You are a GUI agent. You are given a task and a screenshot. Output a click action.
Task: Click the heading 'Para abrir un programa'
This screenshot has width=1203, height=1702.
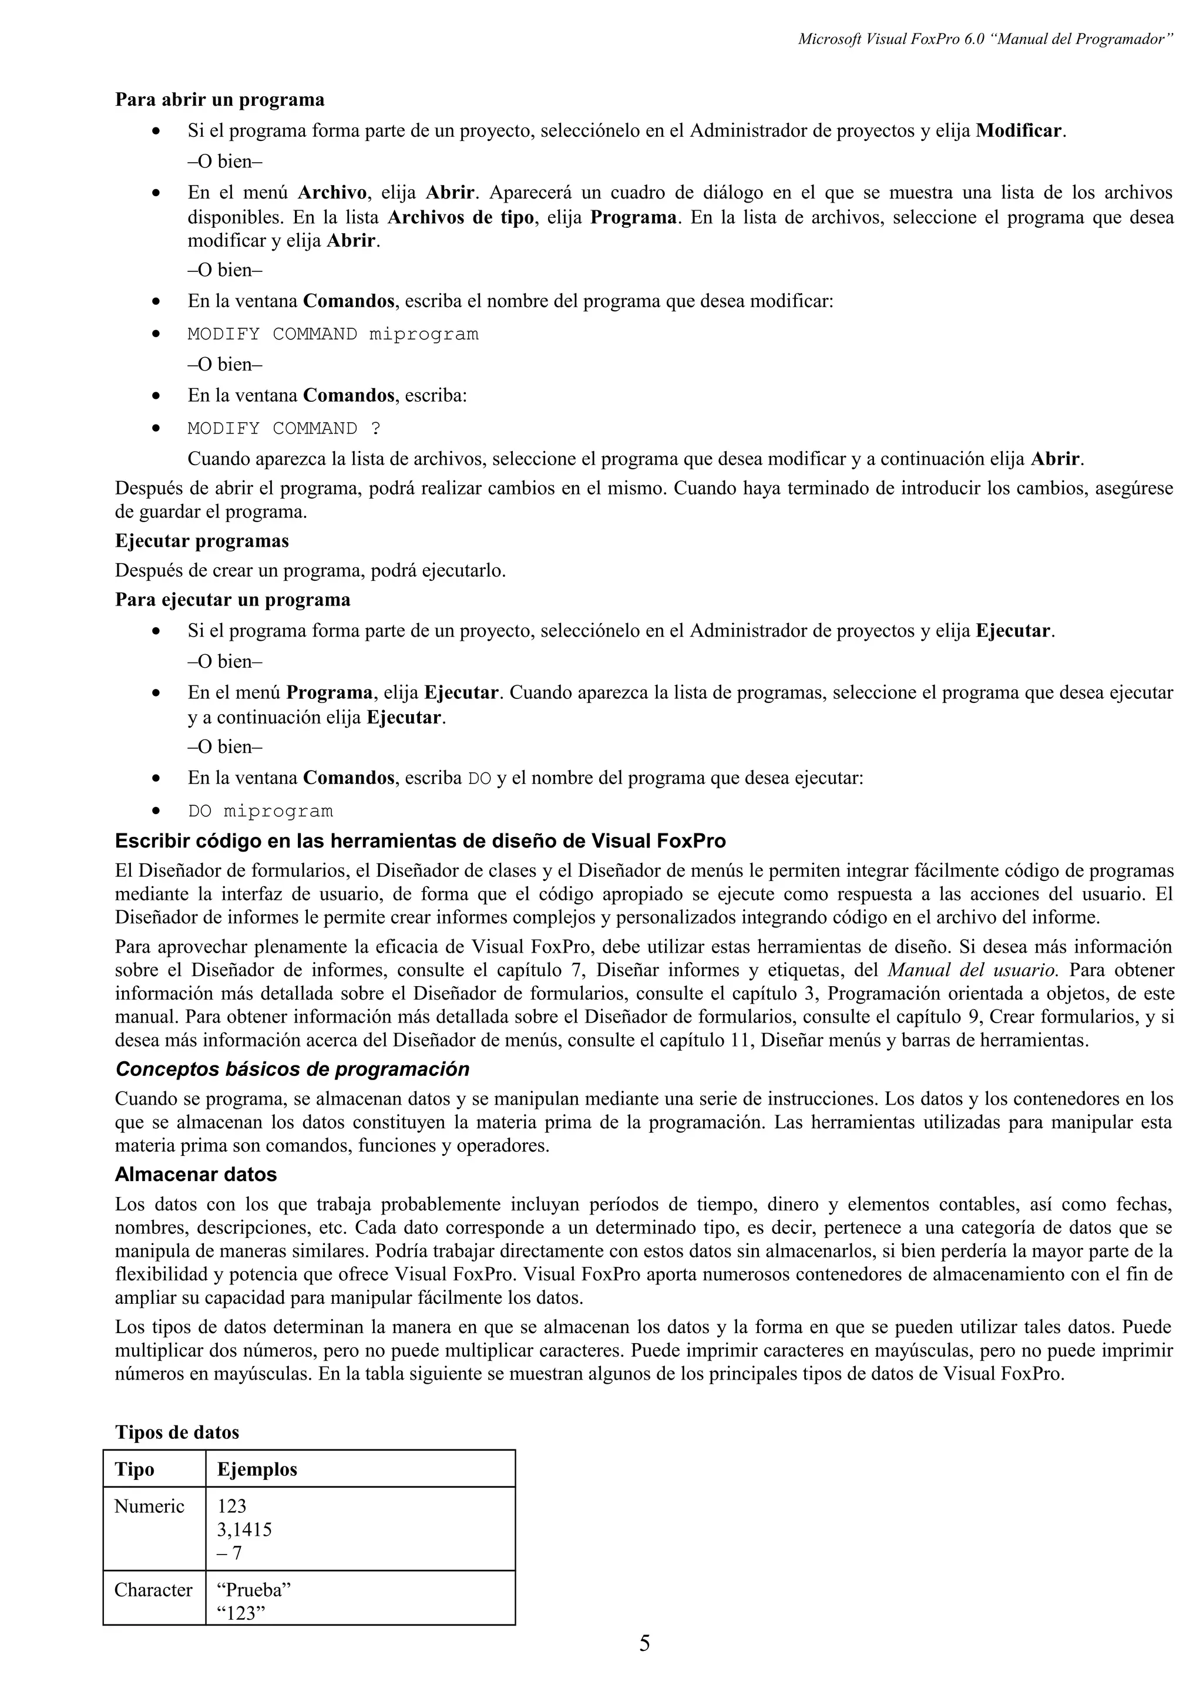pos(220,99)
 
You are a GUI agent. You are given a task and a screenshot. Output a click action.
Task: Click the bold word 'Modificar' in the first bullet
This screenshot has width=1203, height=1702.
pos(1019,131)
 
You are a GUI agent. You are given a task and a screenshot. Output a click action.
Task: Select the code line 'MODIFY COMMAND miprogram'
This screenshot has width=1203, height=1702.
pos(333,334)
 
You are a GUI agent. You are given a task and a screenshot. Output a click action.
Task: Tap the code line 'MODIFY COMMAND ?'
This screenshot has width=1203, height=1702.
pos(284,429)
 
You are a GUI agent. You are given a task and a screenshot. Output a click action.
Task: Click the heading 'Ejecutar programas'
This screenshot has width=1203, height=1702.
pos(201,541)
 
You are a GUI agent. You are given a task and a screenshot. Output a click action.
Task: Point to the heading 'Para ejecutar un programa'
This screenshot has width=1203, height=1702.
pos(233,599)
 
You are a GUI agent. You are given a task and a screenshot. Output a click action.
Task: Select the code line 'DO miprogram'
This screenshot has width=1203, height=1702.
pos(260,811)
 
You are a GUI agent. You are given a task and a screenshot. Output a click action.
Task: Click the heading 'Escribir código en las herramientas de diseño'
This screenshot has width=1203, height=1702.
pos(420,842)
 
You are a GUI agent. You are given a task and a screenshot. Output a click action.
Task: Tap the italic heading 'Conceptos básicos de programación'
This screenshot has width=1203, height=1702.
pos(292,1069)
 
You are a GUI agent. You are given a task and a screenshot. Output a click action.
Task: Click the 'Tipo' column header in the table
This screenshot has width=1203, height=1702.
pos(135,1469)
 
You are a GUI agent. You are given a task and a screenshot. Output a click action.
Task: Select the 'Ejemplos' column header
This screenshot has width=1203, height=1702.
pos(257,1469)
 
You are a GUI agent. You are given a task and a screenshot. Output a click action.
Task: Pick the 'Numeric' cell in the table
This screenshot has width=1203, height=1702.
pos(149,1506)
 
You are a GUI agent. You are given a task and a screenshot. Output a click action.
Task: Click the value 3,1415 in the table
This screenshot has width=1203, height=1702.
pos(244,1529)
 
